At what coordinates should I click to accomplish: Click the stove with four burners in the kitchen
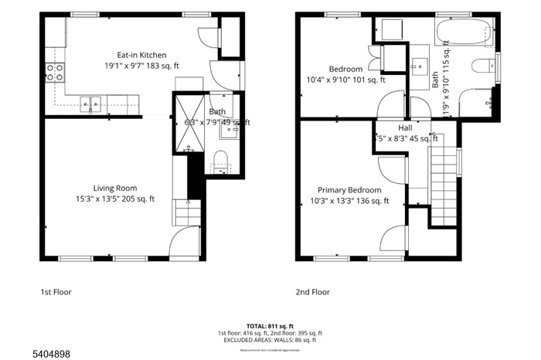point(55,73)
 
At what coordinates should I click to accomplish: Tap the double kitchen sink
point(92,101)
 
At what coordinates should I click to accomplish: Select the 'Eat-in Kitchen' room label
point(141,55)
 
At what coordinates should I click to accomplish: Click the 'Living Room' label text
point(114,188)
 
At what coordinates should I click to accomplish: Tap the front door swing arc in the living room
point(185,241)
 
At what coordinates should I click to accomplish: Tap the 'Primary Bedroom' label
point(349,190)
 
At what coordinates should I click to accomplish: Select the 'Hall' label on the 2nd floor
point(405,128)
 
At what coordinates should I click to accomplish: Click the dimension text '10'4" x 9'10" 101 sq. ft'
point(346,79)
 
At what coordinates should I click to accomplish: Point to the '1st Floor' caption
point(56,292)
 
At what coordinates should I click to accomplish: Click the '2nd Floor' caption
point(312,292)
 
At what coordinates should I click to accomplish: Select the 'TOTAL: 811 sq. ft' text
point(270,326)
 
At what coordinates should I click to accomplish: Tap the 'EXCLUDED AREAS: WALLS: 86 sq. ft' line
point(270,340)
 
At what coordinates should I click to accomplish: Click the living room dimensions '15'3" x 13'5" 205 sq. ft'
point(114,199)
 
